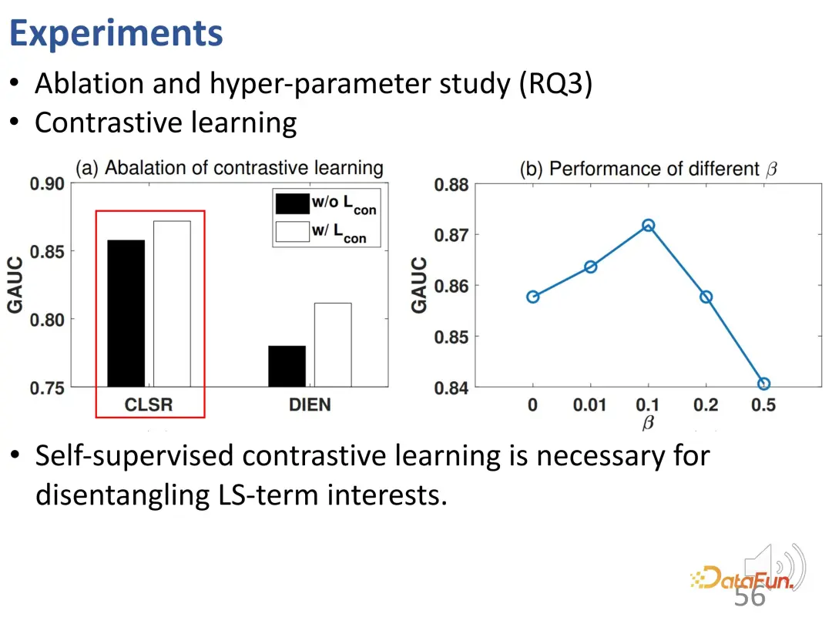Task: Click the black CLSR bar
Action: pyautogui.click(x=126, y=313)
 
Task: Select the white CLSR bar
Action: pyautogui.click(x=171, y=304)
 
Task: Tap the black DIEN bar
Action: pyautogui.click(x=287, y=366)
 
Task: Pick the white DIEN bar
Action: pyautogui.click(x=333, y=344)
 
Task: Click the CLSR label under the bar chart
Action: pyautogui.click(x=149, y=404)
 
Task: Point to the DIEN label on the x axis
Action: pyautogui.click(x=310, y=404)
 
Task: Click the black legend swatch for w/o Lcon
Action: pyautogui.click(x=292, y=203)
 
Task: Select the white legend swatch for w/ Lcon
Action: pyautogui.click(x=292, y=232)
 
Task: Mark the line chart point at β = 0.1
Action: pyautogui.click(x=648, y=226)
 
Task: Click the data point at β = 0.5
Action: pyautogui.click(x=763, y=384)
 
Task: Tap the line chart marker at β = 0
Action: pyautogui.click(x=532, y=297)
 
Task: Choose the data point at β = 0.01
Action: pyautogui.click(x=590, y=267)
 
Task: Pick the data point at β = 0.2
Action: pyautogui.click(x=706, y=297)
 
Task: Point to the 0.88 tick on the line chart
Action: pyautogui.click(x=451, y=185)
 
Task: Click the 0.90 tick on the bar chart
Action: pyautogui.click(x=47, y=184)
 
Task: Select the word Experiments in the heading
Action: pyautogui.click(x=116, y=34)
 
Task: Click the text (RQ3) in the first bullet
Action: pyautogui.click(x=555, y=83)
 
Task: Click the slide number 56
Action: pyautogui.click(x=750, y=597)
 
